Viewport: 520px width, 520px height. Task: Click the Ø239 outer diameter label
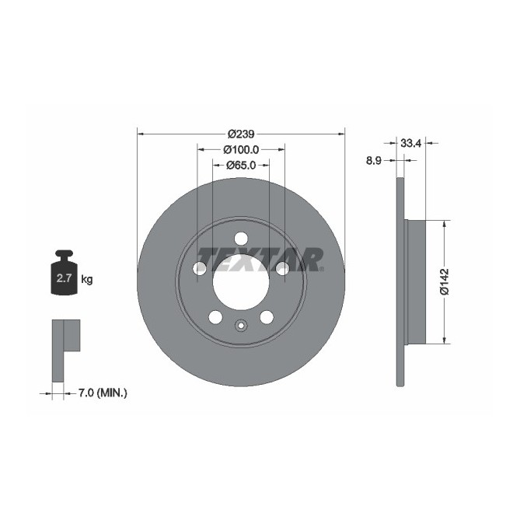click(241, 134)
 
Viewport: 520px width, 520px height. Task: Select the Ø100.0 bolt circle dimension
click(241, 149)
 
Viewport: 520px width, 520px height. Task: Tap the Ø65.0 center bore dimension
click(241, 165)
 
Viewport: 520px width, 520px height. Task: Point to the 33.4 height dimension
click(410, 142)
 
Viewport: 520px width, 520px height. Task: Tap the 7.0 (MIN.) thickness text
click(103, 393)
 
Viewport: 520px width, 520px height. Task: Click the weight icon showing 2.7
click(63, 275)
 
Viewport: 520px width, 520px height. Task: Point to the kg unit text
click(87, 279)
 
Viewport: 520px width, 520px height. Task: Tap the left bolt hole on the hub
click(200, 268)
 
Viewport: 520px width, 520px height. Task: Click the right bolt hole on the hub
click(282, 268)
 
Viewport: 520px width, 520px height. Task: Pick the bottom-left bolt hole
click(215, 317)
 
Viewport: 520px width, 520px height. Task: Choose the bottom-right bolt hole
click(267, 317)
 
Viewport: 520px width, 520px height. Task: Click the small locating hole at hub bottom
click(241, 326)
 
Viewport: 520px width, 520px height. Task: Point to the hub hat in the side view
click(416, 281)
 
